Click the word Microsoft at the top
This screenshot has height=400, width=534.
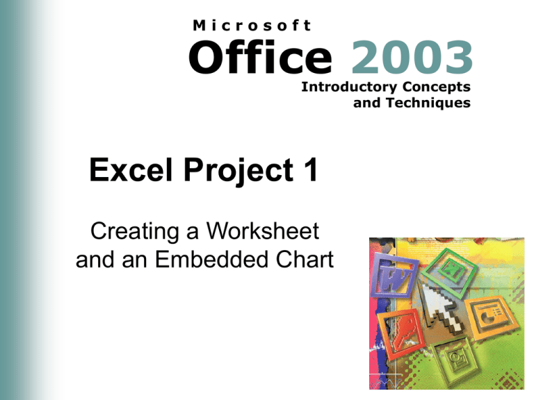pyautogui.click(x=251, y=25)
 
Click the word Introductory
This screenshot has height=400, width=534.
pyautogui.click(x=341, y=87)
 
